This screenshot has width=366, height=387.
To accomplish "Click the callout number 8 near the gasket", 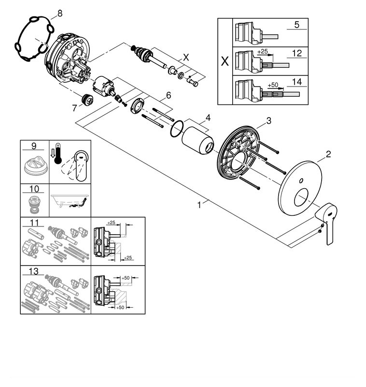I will click(59, 14).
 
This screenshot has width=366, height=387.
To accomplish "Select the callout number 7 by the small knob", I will click(74, 108).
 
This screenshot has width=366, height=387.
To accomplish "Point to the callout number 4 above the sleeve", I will click(207, 118).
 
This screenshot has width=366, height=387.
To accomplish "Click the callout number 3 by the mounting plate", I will click(269, 120).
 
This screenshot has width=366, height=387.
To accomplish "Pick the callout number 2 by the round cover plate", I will click(328, 155).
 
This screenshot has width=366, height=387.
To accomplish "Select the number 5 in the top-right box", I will click(297, 24).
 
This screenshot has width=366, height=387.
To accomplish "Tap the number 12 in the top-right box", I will click(297, 52).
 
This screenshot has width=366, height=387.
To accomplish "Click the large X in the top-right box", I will click(225, 62).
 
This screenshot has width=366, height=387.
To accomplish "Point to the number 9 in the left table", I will click(34, 145).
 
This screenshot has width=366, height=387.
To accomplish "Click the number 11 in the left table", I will click(34, 223).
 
